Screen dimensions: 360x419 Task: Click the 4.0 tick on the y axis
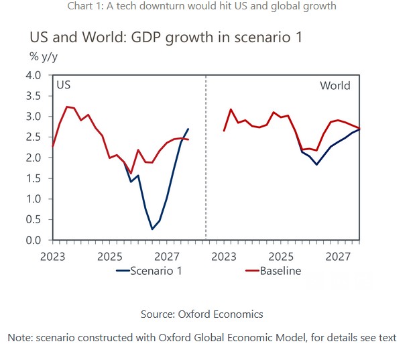click(x=33, y=75)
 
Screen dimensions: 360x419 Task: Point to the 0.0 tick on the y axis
click(x=33, y=240)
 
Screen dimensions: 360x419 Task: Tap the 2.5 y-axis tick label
click(x=33, y=137)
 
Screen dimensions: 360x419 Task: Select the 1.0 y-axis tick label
click(x=33, y=199)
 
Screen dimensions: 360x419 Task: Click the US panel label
click(x=63, y=86)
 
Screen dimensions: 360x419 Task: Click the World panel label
click(x=335, y=86)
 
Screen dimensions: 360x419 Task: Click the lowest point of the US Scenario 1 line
click(x=152, y=229)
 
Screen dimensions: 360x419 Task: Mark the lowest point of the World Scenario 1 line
click(x=316, y=164)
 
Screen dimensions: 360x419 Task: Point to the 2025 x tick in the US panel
click(x=111, y=256)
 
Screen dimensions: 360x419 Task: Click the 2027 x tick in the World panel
click(x=339, y=256)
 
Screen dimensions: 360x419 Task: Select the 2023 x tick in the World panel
click(x=224, y=256)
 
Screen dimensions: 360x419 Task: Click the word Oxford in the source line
click(x=194, y=314)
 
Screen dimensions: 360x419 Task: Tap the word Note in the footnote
click(x=19, y=337)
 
